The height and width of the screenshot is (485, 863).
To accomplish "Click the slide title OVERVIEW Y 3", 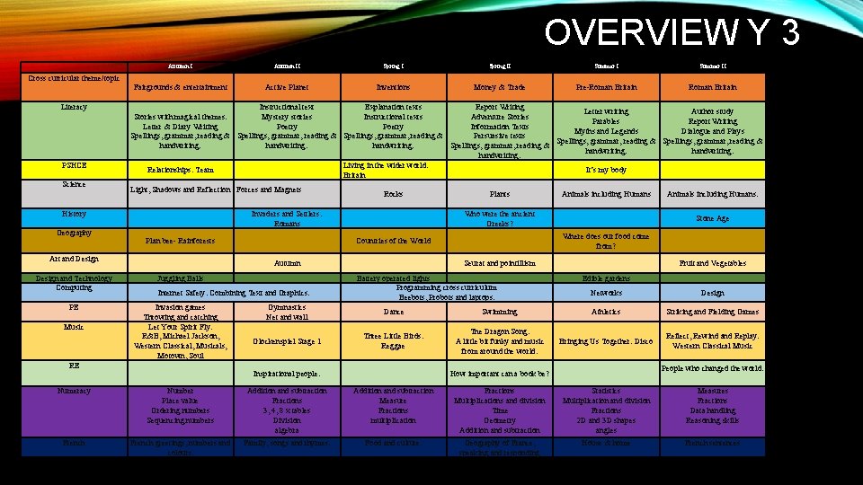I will pos(671,31).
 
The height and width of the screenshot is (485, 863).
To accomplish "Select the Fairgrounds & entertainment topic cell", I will pos(181,87).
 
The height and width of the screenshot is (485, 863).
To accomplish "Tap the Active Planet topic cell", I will pos(288,87).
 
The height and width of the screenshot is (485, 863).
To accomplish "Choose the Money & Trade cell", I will pos(499,87).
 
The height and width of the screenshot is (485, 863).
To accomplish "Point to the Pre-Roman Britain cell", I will pos(606,87).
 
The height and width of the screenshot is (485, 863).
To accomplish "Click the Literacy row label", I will pos(74,107).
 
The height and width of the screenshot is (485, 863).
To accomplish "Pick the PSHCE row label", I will pos(74,165).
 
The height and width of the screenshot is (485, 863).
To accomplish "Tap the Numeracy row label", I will pos(74,391).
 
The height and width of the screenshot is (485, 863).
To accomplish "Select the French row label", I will pos(74,442).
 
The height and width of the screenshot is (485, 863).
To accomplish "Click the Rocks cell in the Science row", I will pos(393,193).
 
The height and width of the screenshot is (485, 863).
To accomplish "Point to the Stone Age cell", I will pos(712,217).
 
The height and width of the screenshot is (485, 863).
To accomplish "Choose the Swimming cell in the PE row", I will pos(499,312).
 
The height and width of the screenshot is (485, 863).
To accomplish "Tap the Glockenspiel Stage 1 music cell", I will pos(288,341).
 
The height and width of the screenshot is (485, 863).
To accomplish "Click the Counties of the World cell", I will pos(393,241).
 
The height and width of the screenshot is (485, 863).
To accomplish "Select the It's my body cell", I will pos(606,169).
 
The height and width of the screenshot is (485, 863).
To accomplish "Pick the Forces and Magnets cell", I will pos(269,190).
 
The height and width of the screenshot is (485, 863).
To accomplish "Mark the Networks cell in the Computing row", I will pos(606,293).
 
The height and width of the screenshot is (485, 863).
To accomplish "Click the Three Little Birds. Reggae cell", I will pos(393,340).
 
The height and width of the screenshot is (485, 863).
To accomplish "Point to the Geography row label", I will pos(74,233).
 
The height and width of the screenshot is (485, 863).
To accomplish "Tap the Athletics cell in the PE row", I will pos(606,312).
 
